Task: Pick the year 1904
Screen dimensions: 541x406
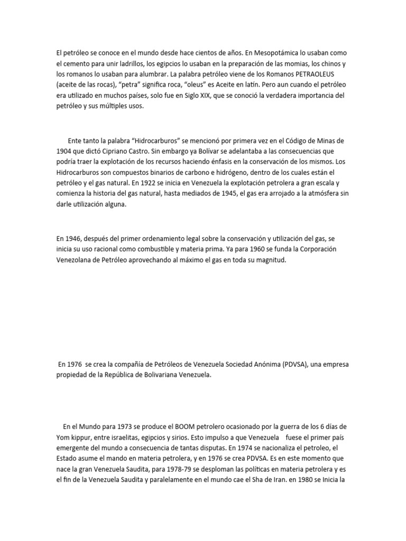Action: coord(63,151)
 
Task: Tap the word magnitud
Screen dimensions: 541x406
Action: coord(270,259)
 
